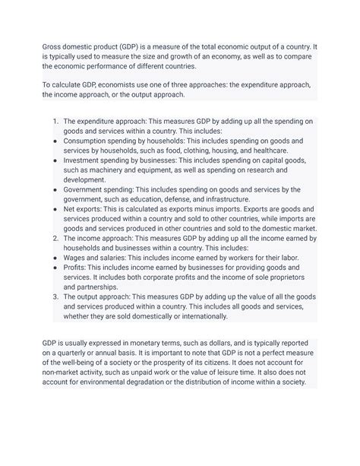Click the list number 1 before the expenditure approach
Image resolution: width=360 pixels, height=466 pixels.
pos(55,122)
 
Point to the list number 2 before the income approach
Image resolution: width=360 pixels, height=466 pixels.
pos(55,238)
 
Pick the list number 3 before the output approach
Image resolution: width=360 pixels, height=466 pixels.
pos(55,296)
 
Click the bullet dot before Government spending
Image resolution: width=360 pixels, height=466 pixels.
pos(55,189)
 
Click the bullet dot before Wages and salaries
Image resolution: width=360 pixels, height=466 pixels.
pos(55,258)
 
